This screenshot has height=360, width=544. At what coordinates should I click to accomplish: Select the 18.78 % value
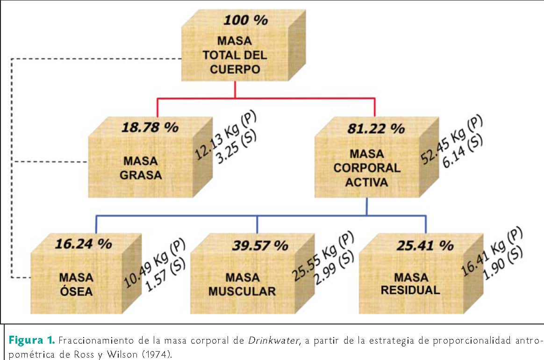[x=150, y=127]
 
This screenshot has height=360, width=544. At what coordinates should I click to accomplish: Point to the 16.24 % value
[x=83, y=244]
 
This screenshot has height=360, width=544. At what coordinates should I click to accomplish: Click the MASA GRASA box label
[x=140, y=168]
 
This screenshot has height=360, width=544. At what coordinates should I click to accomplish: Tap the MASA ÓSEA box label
[x=76, y=284]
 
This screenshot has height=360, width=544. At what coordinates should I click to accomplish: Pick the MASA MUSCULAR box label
[x=242, y=284]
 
